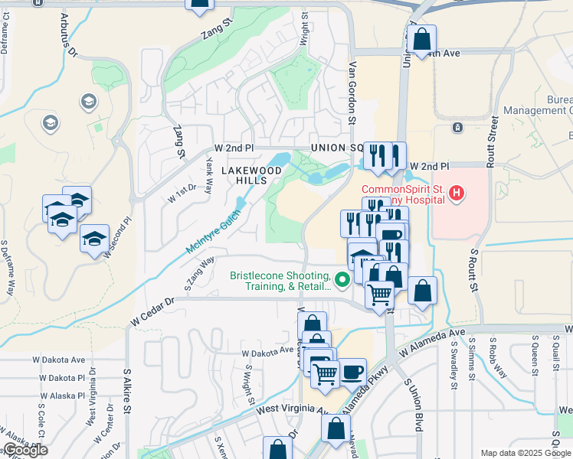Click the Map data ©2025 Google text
click(526, 453)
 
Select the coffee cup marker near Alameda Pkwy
click(352, 372)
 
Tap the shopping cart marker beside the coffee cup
click(325, 374)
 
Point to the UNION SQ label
click(336, 148)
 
